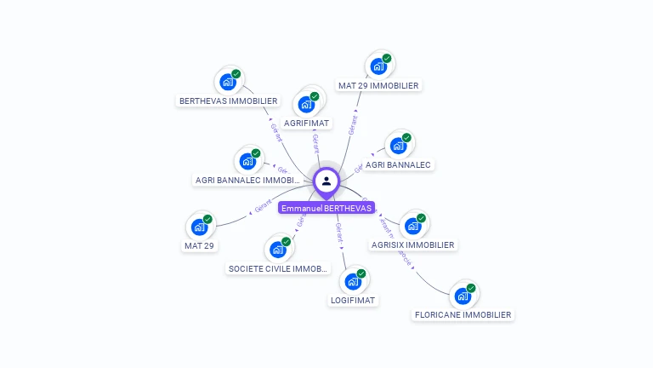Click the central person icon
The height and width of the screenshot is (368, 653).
pos(326,181)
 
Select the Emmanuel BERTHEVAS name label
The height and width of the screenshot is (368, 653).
pos(326,208)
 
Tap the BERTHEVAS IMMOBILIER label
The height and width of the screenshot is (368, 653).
pos(228,101)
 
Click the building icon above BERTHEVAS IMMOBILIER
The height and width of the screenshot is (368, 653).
pos(227,82)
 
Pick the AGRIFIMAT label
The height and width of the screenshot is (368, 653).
pos(307,123)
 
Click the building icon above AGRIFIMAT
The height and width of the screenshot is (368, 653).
pos(305,105)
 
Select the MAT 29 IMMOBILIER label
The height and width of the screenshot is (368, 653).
pos(378,85)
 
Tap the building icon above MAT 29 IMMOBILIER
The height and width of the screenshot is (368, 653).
pos(378,66)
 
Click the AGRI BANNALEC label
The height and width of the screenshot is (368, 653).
pos(398,164)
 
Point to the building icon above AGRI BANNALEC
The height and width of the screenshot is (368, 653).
pos(398,146)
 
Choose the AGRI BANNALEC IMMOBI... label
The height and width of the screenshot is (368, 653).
pos(248,180)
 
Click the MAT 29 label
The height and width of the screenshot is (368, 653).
pos(199,245)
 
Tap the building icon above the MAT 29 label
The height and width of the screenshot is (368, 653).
pos(199,227)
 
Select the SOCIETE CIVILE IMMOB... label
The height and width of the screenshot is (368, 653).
pos(278,268)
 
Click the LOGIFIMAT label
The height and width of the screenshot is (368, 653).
pos(353,300)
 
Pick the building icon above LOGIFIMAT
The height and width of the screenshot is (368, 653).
pos(353,281)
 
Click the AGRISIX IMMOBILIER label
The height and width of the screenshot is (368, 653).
pos(413,244)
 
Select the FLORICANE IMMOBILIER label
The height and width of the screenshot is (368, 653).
pos(463,314)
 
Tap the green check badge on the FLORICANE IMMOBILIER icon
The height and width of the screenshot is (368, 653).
pos(471,288)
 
